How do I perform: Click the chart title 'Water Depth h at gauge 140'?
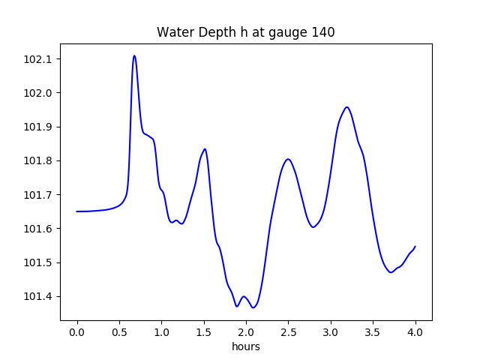point(245,32)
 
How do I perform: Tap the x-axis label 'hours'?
point(246,346)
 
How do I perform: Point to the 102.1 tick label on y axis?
point(38,59)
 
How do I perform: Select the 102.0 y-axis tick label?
point(38,93)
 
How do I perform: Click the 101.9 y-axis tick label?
point(38,127)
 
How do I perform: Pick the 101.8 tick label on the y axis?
point(38,160)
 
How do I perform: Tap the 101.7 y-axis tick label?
point(38,195)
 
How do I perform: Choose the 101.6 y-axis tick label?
point(38,229)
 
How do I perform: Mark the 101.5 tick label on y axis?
point(38,262)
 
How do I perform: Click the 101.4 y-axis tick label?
point(38,296)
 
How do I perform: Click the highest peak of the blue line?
point(134,55)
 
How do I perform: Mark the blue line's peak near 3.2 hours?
point(347,106)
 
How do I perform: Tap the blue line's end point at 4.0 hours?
point(415,246)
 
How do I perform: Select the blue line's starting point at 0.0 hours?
point(77,211)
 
